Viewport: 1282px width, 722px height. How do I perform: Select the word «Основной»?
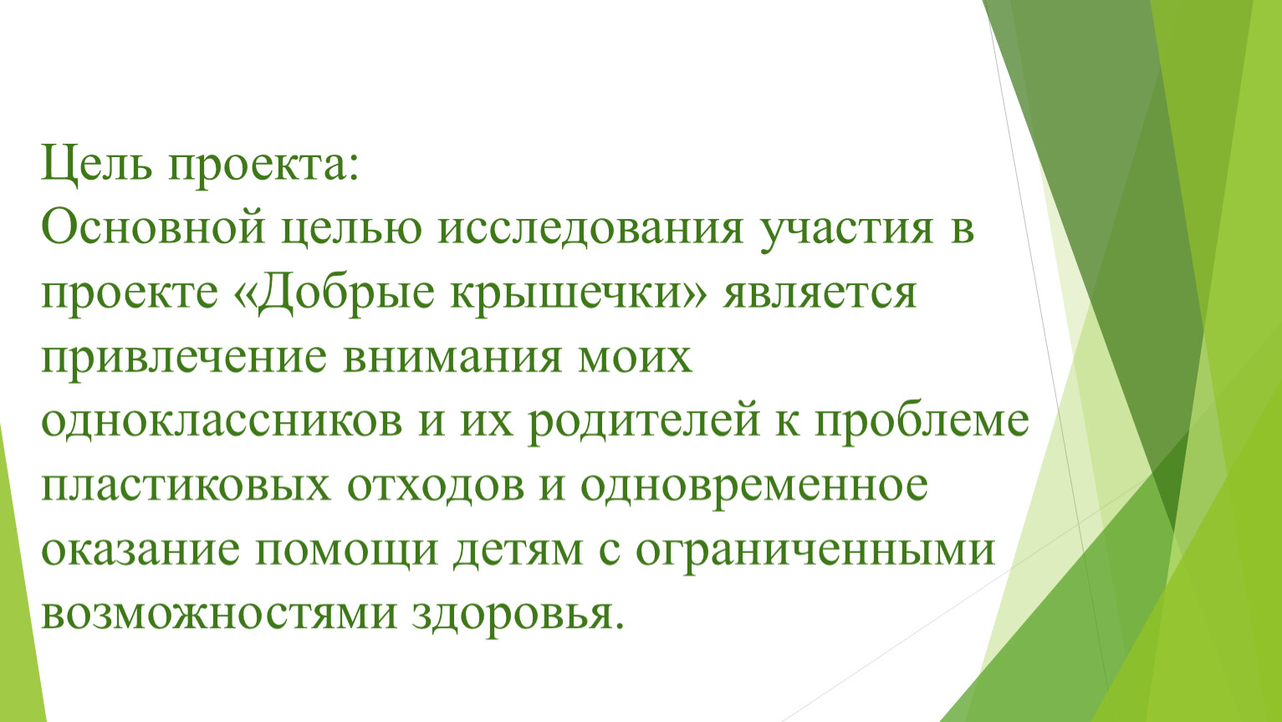(x=153, y=227)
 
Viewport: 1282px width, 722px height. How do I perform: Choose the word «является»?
(x=819, y=294)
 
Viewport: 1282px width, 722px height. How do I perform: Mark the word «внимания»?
(x=452, y=358)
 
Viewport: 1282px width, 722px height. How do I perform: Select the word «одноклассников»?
(x=222, y=422)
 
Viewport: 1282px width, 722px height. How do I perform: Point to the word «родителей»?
(x=643, y=425)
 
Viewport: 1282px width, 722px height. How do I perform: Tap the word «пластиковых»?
(x=186, y=487)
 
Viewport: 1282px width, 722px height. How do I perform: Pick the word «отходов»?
(x=436, y=487)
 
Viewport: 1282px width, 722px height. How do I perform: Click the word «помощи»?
(x=345, y=552)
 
